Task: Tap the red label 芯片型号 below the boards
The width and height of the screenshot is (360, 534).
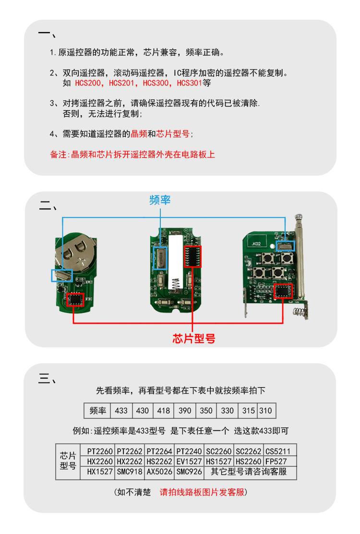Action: [193, 338]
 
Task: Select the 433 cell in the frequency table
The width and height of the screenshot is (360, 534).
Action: [121, 411]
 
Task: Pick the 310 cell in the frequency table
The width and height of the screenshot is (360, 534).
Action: [267, 411]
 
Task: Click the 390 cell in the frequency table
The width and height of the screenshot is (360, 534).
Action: [185, 411]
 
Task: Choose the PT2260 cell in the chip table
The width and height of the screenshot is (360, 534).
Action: [100, 451]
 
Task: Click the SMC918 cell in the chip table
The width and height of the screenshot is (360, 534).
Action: [130, 472]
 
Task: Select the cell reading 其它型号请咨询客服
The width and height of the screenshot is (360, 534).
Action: [251, 472]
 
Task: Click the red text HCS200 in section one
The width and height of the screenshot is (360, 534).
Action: [90, 83]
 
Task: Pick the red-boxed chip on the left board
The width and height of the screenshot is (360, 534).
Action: [76, 298]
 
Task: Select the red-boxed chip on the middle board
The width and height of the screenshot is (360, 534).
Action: [192, 256]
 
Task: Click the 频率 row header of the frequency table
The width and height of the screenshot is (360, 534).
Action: [97, 411]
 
